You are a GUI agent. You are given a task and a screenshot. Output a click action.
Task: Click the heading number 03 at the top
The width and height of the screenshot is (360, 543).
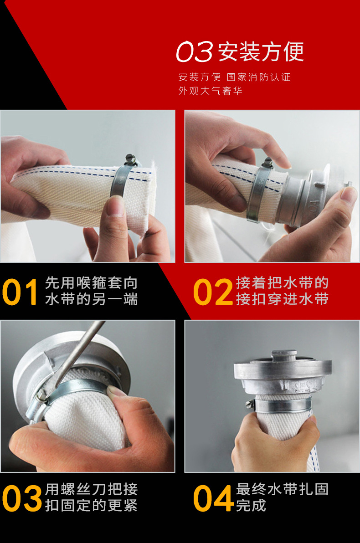pos(195,52)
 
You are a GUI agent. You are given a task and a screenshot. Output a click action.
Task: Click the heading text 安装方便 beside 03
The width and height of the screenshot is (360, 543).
pos(261,52)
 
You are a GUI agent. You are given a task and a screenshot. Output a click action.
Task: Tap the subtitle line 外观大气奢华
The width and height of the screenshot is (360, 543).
pos(210,91)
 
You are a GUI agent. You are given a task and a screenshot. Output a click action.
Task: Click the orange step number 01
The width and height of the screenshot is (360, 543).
pos(20,292)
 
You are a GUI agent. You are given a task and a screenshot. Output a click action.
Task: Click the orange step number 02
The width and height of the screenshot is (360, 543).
pos(212,292)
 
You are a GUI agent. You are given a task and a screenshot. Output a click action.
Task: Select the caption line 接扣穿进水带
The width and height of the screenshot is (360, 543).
pos(282,299)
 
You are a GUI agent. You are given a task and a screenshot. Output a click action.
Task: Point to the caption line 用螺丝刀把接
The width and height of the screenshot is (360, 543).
pos(91,489)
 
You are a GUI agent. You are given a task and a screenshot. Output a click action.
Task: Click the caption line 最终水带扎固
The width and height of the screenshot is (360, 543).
pos(282,489)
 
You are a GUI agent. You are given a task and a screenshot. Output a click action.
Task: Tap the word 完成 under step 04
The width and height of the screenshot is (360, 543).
pos(251,506)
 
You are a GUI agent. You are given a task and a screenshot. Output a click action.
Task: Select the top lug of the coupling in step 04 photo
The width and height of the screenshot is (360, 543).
pos(283,354)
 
